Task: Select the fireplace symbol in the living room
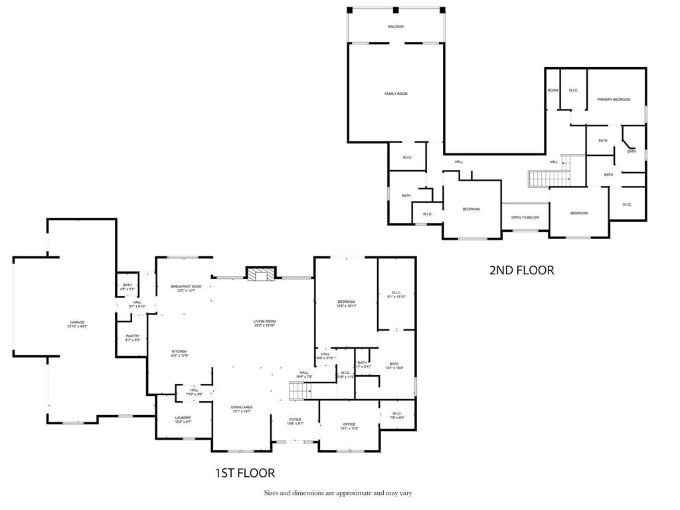click(x=260, y=274)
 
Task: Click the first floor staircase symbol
click(x=300, y=392)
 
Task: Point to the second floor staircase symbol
click(x=549, y=179)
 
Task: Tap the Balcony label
click(x=396, y=27)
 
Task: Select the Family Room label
click(x=396, y=94)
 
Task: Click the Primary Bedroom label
click(x=613, y=100)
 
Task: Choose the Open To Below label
click(x=525, y=217)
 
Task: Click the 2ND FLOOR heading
click(x=521, y=270)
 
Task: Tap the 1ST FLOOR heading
click(x=244, y=473)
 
